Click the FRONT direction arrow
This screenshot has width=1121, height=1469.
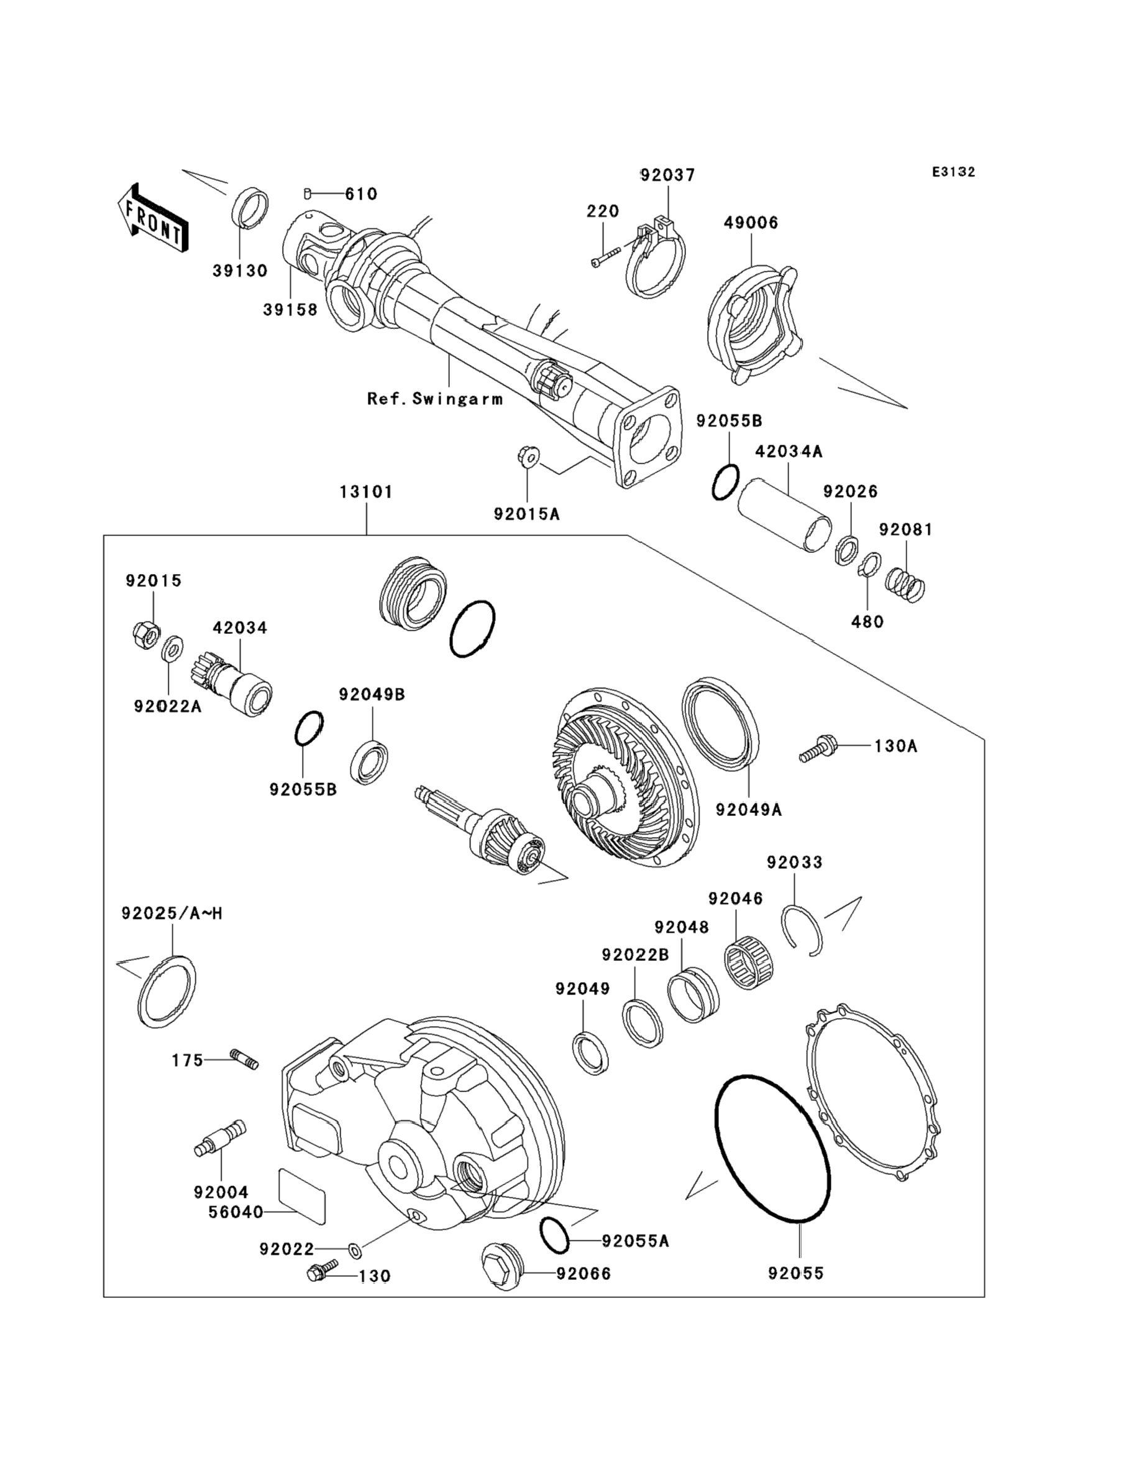[152, 218]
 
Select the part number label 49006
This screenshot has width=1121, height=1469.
[751, 223]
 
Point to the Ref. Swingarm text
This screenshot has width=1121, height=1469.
[435, 399]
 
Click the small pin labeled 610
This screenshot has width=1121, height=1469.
[308, 193]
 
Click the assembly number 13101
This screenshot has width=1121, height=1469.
[365, 492]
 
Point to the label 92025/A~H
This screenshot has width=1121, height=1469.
[172, 913]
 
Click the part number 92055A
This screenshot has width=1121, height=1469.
[634, 1241]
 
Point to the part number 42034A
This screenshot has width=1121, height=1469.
[789, 452]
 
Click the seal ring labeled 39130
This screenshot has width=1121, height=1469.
[250, 208]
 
